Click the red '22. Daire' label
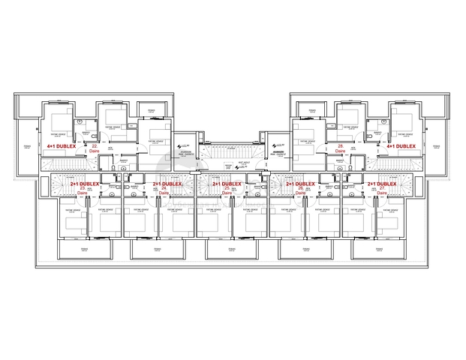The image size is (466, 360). point(94,148)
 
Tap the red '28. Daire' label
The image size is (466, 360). point(341,148)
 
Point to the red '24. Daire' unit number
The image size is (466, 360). point(164,190)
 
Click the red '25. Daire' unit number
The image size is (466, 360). point(227,190)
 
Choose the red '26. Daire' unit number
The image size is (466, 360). point(300,190)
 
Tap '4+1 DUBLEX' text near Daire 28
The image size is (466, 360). point(401,145)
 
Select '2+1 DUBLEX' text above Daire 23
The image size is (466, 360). point(85,183)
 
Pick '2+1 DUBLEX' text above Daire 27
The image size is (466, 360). point(382,183)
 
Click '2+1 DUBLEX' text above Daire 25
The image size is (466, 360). point(227,183)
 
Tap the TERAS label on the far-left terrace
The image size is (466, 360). point(27,146)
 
